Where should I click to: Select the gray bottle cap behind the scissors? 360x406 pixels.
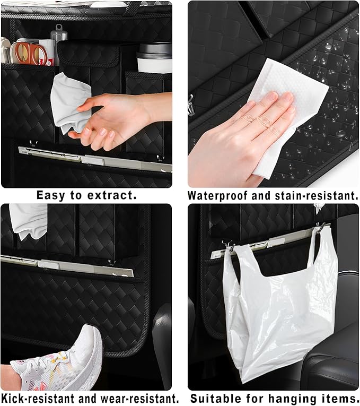59,32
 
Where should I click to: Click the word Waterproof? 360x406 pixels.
218,195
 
